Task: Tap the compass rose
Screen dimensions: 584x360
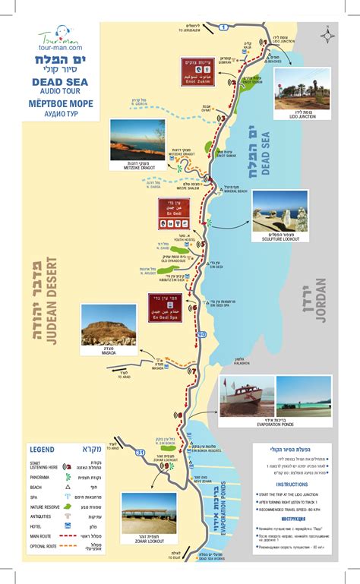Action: [x=327, y=34]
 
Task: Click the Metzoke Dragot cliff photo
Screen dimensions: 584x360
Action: [x=137, y=139]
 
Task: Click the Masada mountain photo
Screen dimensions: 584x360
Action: [x=109, y=325]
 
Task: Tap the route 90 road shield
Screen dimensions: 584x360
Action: [x=201, y=334]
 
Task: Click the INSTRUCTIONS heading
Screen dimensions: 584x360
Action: [x=292, y=484]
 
